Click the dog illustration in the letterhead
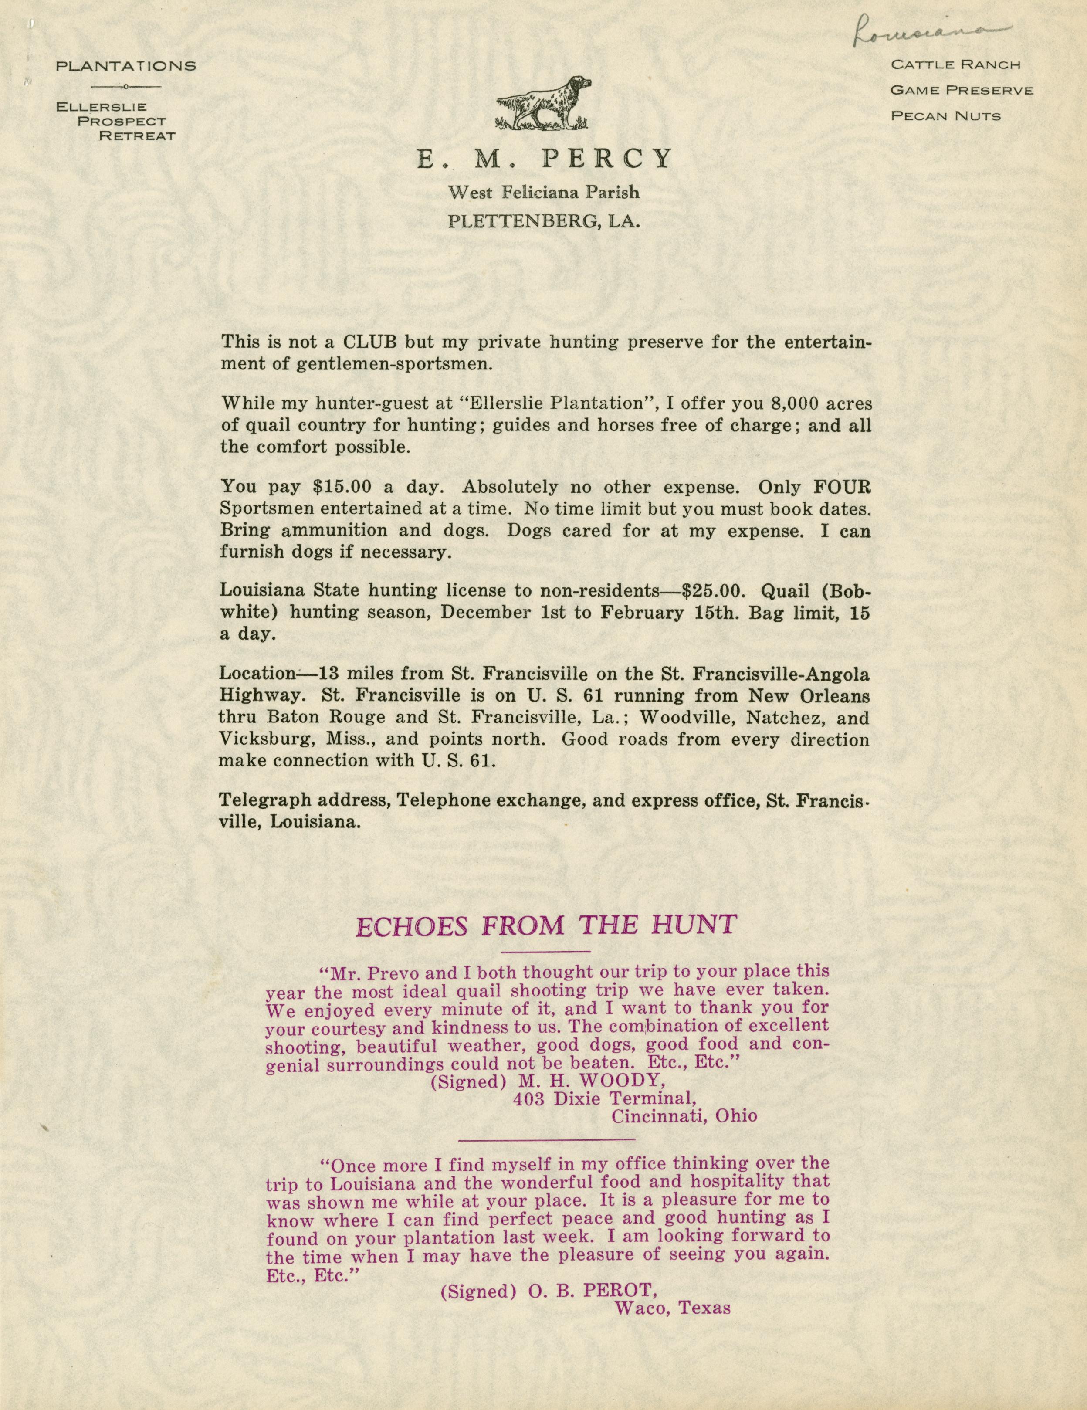pos(544,103)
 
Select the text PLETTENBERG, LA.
pos(544,222)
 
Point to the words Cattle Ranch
pos(955,64)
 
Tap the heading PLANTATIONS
pos(126,66)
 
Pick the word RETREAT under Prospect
pos(137,136)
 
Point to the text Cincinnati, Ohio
pos(684,1115)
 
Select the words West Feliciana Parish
pos(544,192)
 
